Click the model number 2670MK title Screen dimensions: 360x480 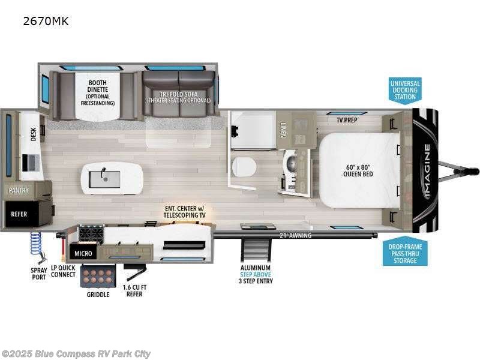[46, 22]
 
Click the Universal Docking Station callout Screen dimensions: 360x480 [404, 89]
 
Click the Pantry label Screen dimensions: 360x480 [19, 190]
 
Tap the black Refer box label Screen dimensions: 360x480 [20, 212]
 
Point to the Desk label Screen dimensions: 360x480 [33, 134]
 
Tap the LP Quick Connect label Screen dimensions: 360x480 [63, 271]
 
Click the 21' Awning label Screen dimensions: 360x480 [296, 236]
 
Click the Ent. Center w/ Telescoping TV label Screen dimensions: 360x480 [185, 211]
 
